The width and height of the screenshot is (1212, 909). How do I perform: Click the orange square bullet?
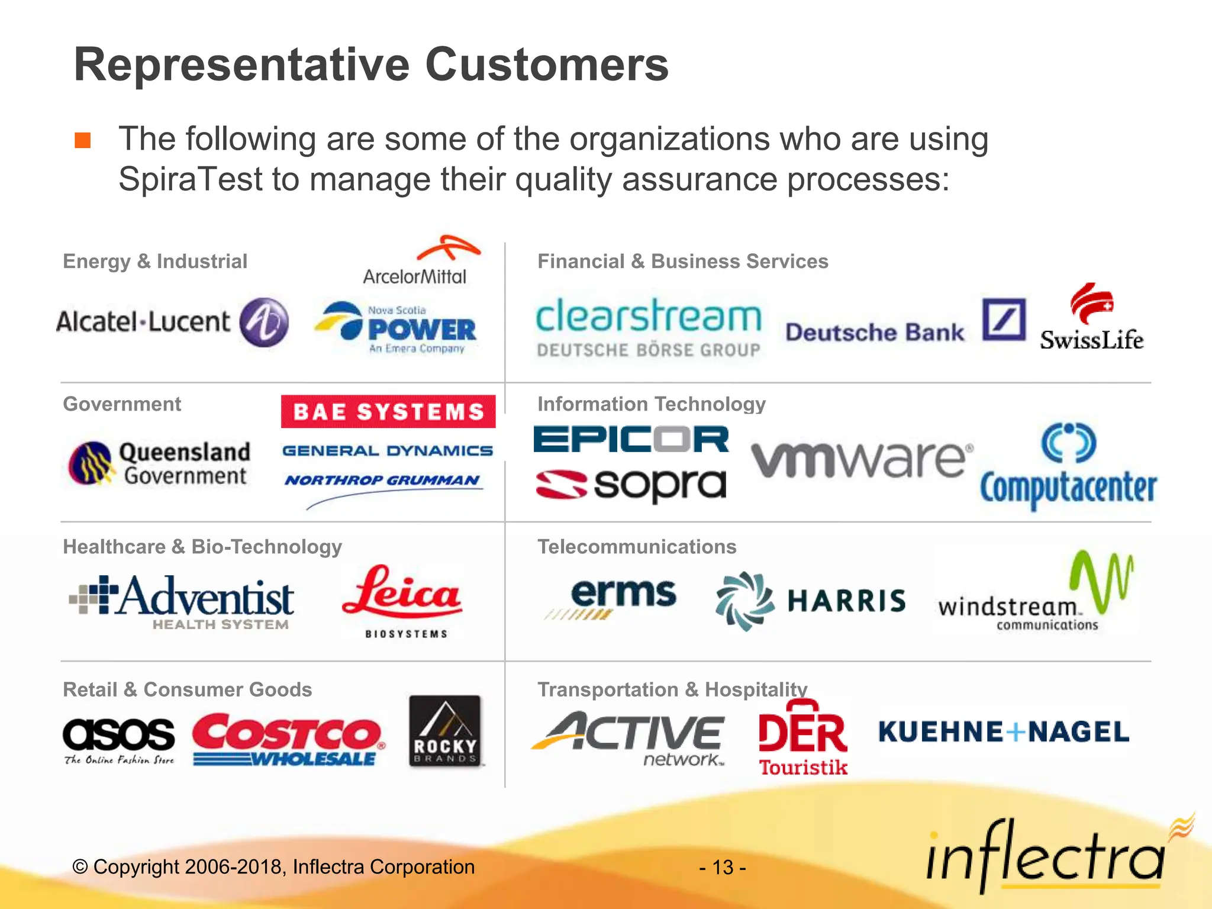click(83, 140)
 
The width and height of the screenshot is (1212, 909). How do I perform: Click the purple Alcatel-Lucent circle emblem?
click(264, 322)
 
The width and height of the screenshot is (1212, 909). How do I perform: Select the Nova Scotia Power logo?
click(396, 328)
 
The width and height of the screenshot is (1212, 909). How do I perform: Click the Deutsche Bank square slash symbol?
click(1004, 320)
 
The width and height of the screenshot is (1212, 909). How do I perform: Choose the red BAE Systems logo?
click(388, 411)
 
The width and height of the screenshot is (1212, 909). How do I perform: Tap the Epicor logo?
click(631, 439)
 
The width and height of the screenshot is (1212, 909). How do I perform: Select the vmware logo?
click(861, 459)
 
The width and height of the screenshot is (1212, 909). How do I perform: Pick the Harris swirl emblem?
click(744, 601)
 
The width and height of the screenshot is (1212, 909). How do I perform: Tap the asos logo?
click(119, 740)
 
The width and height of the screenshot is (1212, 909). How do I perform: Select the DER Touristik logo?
click(803, 737)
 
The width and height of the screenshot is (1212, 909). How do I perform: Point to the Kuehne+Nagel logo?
click(1004, 732)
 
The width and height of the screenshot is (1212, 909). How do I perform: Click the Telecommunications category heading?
click(637, 547)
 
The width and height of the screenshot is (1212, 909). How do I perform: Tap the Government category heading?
click(122, 404)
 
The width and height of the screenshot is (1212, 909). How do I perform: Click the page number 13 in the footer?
click(723, 868)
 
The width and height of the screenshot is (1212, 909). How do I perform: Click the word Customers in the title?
click(547, 65)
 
